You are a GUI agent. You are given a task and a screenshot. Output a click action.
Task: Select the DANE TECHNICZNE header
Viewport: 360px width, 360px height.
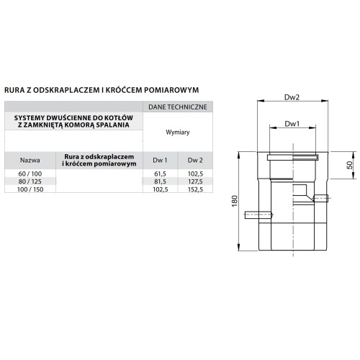[x=178, y=107]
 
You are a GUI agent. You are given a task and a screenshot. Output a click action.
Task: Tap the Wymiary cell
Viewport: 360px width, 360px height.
[x=178, y=132]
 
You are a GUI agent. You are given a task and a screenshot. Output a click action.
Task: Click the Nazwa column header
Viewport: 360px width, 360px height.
[x=30, y=160]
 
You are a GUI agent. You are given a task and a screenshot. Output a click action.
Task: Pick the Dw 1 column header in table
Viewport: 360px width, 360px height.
[x=160, y=160]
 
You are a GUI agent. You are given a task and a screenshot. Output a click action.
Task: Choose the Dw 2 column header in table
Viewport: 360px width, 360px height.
[x=195, y=160]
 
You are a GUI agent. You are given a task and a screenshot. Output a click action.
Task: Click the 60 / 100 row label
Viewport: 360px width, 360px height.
[x=30, y=174]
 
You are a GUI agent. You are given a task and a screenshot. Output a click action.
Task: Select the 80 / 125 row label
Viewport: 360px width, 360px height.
[x=30, y=181]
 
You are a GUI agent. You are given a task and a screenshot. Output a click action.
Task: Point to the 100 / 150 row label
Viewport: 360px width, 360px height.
[x=30, y=189]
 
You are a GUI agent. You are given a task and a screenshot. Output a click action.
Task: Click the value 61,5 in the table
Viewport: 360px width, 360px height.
[x=160, y=174]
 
